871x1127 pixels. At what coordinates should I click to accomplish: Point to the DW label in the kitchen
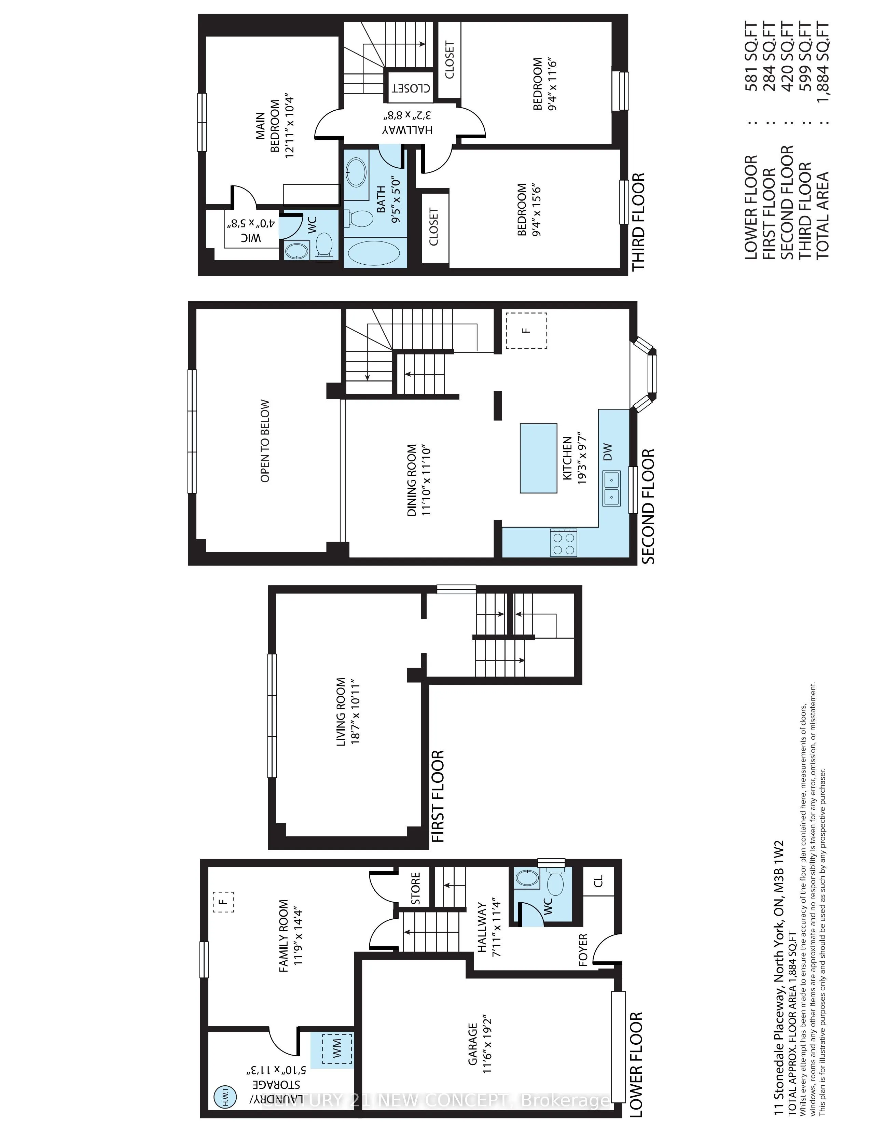point(607,452)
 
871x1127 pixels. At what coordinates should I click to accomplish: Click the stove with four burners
point(564,542)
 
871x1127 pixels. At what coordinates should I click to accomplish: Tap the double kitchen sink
point(611,488)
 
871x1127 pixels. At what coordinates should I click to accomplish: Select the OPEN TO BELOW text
point(265,441)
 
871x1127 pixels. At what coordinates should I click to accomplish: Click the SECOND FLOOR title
point(648,506)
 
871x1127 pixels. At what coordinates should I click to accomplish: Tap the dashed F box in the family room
point(223,902)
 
